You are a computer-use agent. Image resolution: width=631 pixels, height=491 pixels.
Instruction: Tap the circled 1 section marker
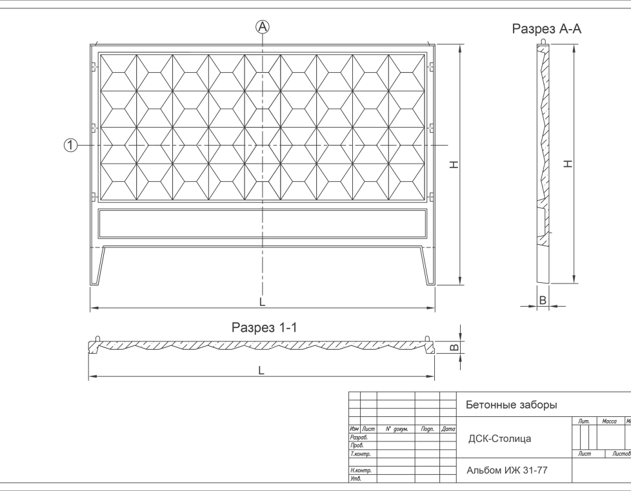pos(70,146)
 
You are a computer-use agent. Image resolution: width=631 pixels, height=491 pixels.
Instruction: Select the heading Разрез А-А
pos(546,29)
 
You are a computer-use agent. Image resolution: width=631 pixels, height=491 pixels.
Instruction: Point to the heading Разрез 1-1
pos(264,327)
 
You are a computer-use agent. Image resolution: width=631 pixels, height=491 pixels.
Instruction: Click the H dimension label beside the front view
pos(454,165)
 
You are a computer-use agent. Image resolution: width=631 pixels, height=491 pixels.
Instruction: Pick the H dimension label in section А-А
pos(568,164)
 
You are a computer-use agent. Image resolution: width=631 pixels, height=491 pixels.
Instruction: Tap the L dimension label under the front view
pos(262,302)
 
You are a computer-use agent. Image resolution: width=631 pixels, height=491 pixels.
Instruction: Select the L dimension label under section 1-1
pos(261,371)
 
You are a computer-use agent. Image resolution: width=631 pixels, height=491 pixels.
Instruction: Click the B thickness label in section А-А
pos(543,300)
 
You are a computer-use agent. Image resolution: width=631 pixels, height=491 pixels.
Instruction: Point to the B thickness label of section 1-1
pos(454,347)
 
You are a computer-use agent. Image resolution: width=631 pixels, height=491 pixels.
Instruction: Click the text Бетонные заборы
pos(511,405)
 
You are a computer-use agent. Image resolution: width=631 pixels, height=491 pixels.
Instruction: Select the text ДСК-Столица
pos(500,439)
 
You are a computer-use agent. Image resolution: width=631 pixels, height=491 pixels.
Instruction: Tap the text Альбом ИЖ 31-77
pos(507,470)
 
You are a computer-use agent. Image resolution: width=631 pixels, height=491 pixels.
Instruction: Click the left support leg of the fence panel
pos(101,265)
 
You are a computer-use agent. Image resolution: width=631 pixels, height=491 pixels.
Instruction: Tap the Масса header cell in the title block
pos(608,421)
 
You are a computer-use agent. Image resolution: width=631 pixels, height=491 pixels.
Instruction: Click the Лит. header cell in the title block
pos(585,421)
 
